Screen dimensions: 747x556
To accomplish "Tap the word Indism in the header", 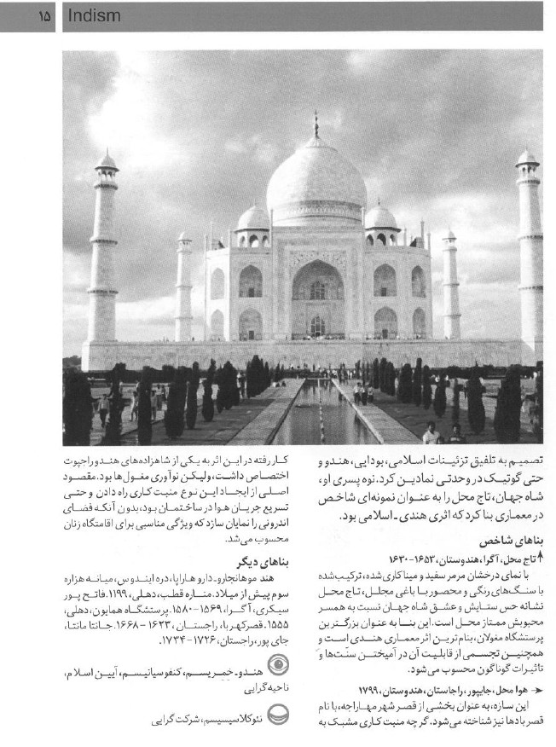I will coord(93,15).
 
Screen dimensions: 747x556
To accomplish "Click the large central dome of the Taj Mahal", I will coord(316,183).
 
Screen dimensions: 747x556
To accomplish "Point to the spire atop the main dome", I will coord(316,125).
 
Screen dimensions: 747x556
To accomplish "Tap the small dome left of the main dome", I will coord(253,218).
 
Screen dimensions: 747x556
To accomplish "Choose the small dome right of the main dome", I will coord(380,218).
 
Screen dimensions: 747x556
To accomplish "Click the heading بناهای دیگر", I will coord(247,562).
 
